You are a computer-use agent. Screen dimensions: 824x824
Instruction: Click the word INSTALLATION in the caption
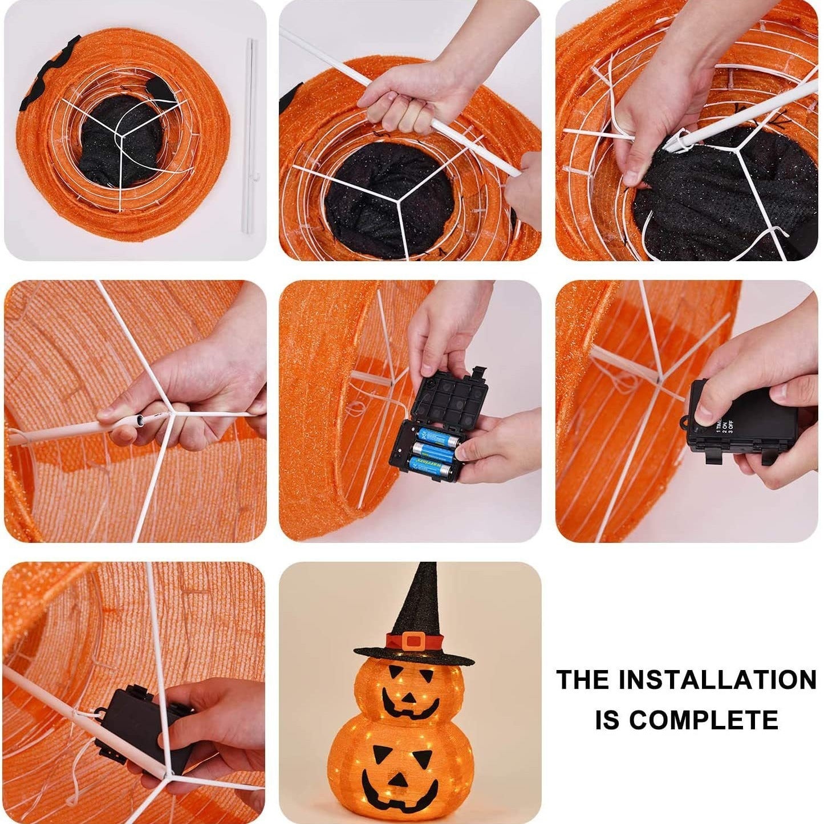(717, 680)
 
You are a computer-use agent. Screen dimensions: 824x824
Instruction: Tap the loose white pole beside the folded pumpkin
(249, 137)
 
